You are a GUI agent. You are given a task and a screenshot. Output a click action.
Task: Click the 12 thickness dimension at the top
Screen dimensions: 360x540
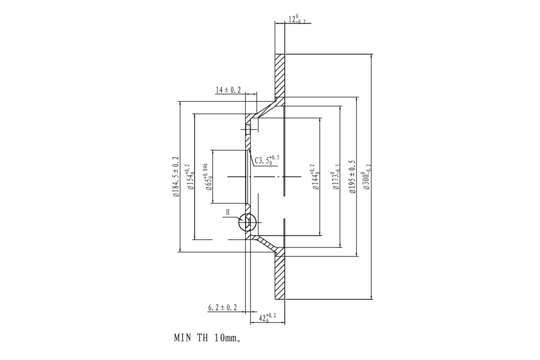click(297, 19)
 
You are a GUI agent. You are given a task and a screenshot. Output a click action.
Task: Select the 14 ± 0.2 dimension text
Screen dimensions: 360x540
click(228, 90)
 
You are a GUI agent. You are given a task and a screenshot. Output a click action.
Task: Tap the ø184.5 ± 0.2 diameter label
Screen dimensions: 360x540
click(176, 177)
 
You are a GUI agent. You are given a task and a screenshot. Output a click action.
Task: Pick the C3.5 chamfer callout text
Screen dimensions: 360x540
click(267, 160)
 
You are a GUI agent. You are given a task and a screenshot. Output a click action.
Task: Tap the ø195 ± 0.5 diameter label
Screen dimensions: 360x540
click(352, 177)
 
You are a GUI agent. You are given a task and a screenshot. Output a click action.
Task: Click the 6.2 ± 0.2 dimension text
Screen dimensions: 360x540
click(222, 307)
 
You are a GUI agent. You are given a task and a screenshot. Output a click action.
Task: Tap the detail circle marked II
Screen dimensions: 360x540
click(247, 222)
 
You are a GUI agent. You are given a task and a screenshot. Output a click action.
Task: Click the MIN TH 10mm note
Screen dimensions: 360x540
click(207, 338)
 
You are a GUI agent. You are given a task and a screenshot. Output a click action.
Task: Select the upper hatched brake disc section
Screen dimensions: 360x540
click(280, 75)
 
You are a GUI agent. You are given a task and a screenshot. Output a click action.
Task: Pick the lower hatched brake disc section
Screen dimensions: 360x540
click(280, 277)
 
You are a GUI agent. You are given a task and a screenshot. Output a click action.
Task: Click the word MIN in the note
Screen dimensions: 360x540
click(182, 338)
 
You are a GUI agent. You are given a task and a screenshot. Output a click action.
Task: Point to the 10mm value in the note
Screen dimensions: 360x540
click(227, 338)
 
